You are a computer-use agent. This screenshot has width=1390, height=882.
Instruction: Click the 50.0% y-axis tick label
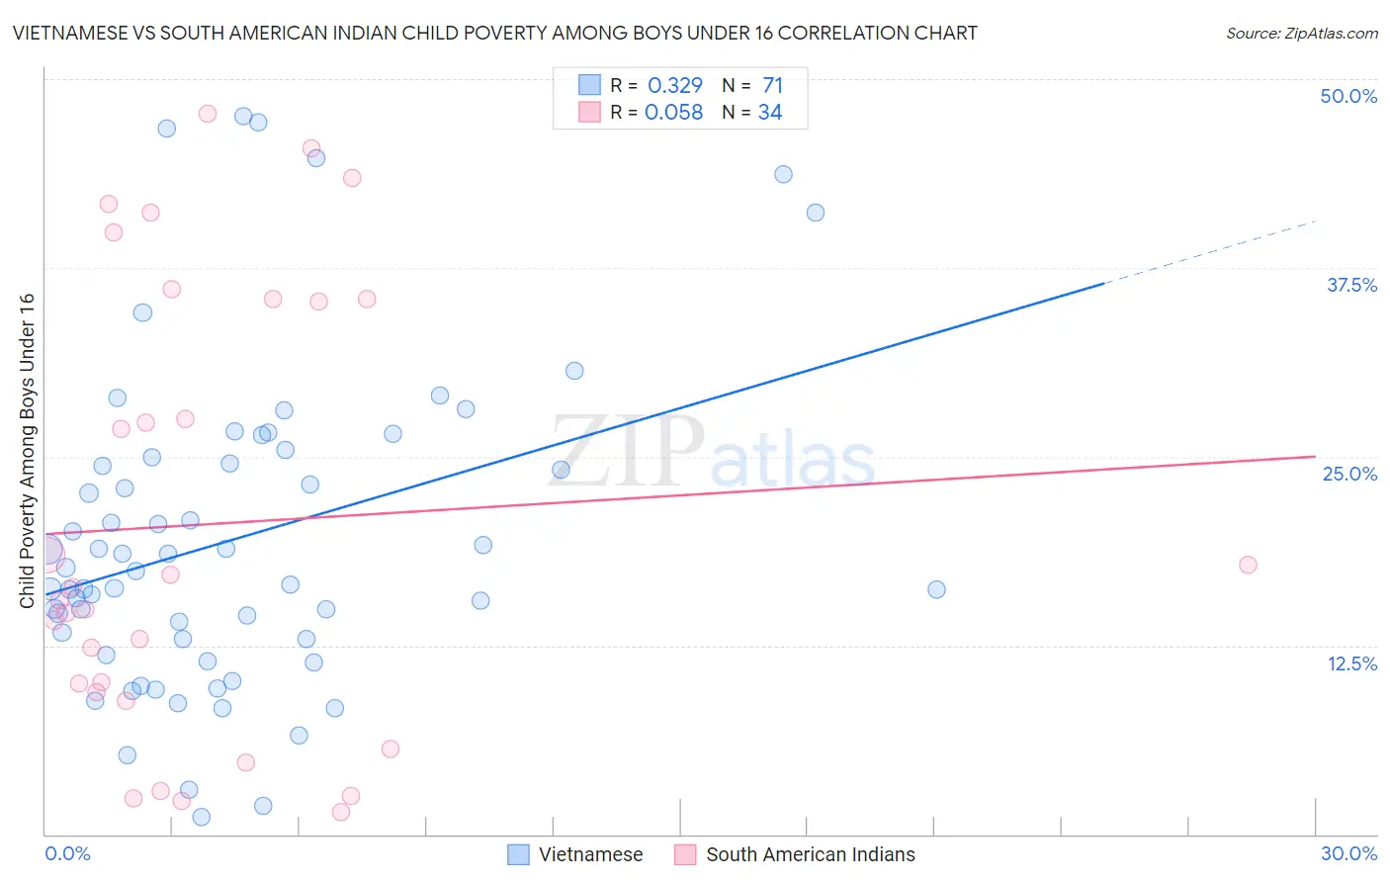pyautogui.click(x=1348, y=96)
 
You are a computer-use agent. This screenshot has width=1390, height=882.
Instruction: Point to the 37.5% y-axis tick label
pyautogui.click(x=1351, y=285)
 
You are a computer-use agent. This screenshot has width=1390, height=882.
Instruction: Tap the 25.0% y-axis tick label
pyautogui.click(x=1349, y=474)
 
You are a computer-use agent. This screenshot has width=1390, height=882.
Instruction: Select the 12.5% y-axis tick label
pyautogui.click(x=1351, y=663)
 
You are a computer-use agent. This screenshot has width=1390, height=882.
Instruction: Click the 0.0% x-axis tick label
pyautogui.click(x=67, y=853)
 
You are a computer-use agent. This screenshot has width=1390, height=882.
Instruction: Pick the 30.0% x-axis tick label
pyautogui.click(x=1348, y=853)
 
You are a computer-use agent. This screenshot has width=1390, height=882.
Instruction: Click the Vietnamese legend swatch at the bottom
pyautogui.click(x=518, y=854)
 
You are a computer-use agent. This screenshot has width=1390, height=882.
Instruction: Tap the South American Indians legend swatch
pyautogui.click(x=685, y=854)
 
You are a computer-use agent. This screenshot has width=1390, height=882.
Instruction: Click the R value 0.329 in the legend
pyautogui.click(x=675, y=86)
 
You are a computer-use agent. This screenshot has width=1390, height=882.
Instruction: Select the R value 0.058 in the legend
pyautogui.click(x=673, y=113)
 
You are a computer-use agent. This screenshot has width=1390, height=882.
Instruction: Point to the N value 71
pyautogui.click(x=772, y=86)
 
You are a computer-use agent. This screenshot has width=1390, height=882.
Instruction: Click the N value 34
pyautogui.click(x=770, y=113)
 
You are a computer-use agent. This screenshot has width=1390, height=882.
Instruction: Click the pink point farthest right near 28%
pyautogui.click(x=1248, y=565)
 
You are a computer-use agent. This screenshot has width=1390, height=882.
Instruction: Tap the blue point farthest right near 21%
pyautogui.click(x=936, y=589)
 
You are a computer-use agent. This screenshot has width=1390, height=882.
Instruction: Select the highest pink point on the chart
pyautogui.click(x=208, y=114)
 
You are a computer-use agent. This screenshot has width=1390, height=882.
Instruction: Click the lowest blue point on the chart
pyautogui.click(x=201, y=817)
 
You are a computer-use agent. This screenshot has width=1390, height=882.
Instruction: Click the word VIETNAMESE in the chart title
pyautogui.click(x=70, y=33)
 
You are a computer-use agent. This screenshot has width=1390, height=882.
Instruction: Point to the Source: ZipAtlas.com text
pyautogui.click(x=1301, y=33)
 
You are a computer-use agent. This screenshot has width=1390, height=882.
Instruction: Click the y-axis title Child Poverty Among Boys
pyautogui.click(x=27, y=451)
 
